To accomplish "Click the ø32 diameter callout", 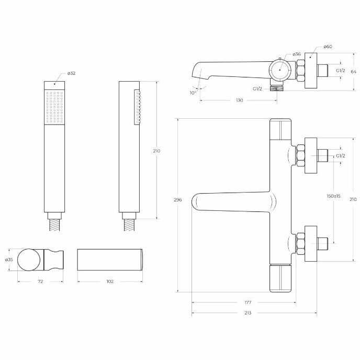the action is point(71,73).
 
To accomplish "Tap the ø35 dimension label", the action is point(9,260).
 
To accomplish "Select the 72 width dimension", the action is point(40,282).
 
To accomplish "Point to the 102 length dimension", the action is point(110,282).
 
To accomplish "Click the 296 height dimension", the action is point(178,200).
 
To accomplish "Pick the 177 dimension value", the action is point(248,302).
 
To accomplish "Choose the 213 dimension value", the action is point(248,313).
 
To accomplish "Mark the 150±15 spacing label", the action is point(334,196).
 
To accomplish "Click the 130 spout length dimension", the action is point(239,100).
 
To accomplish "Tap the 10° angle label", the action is point(193,93).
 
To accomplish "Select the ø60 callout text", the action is point(328,47).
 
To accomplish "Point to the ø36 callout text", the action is point(297,54).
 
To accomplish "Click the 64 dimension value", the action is point(354,72).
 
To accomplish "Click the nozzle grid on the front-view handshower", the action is point(54,107).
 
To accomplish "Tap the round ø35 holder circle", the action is point(29,260).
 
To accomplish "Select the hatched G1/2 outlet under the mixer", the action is point(277,88).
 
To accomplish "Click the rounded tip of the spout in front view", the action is point(193,202).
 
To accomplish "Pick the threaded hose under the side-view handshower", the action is point(129,225).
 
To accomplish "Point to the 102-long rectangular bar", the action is point(110,260).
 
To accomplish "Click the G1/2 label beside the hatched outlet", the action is point(257,89).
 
